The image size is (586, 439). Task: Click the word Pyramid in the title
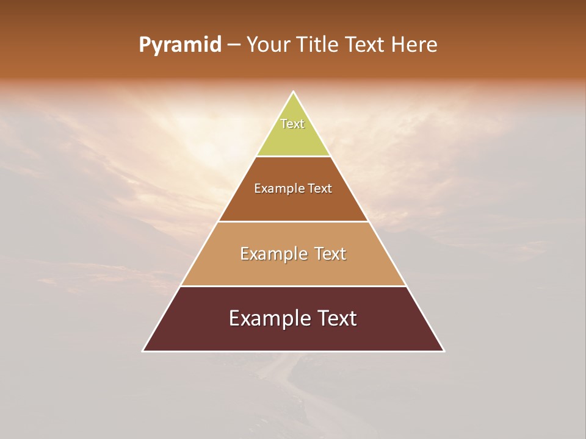coord(180,45)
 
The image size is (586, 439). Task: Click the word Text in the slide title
coord(366,45)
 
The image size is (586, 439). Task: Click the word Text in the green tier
coord(292,124)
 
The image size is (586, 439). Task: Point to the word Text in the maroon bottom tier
coord(335,318)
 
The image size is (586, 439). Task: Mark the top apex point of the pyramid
coord(294,91)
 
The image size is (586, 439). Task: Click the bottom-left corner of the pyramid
coord(143,351)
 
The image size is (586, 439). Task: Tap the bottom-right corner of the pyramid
coord(444,351)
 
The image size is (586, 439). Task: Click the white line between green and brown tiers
coord(294,156)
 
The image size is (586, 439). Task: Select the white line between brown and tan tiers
coord(294,221)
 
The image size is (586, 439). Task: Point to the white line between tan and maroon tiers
coord(294,286)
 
